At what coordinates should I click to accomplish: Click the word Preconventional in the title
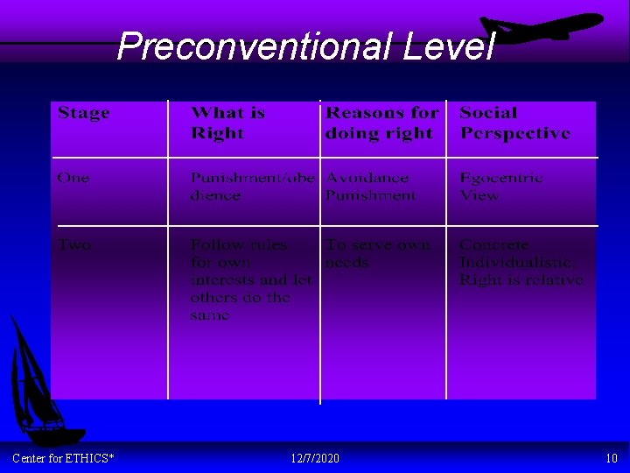pyautogui.click(x=255, y=46)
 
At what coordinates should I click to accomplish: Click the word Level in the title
pyautogui.click(x=449, y=46)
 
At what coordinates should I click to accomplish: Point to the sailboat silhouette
pyautogui.click(x=39, y=385)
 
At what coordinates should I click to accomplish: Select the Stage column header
pyautogui.click(x=83, y=113)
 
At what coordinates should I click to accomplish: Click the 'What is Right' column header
pyautogui.click(x=227, y=123)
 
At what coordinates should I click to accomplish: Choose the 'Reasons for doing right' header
pyautogui.click(x=381, y=123)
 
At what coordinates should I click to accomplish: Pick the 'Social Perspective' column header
pyautogui.click(x=514, y=123)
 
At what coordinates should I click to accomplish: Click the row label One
pyautogui.click(x=73, y=178)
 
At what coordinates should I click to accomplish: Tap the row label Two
pyautogui.click(x=73, y=245)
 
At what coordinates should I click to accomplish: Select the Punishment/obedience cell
pyautogui.click(x=252, y=186)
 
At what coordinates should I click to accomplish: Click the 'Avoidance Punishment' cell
pyautogui.click(x=370, y=186)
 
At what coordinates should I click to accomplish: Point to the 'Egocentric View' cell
pyautogui.click(x=500, y=186)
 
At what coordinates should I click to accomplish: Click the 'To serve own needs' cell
pyautogui.click(x=377, y=253)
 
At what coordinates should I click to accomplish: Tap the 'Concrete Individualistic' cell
pyautogui.click(x=520, y=262)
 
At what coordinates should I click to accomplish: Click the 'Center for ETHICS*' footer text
pyautogui.click(x=63, y=458)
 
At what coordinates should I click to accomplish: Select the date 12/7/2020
pyautogui.click(x=315, y=458)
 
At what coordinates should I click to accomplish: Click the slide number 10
pyautogui.click(x=611, y=458)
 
